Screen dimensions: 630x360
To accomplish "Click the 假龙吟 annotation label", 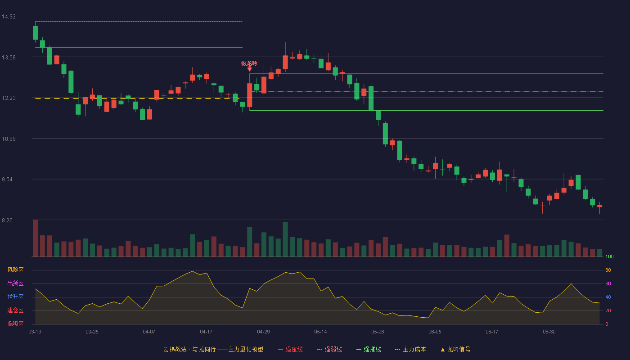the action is click(249, 63).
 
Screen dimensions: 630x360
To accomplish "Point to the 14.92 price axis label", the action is click(9, 17).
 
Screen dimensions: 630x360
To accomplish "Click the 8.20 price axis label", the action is click(7, 220).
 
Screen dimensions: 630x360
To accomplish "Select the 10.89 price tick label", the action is click(9, 139).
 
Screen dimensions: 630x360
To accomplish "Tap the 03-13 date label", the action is click(35, 332).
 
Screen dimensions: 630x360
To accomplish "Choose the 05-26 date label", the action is click(378, 332).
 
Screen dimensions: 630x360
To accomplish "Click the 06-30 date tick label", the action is click(549, 332).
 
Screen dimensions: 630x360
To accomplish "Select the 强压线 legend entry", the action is click(290, 349).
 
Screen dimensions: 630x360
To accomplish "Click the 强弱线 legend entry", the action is click(329, 349).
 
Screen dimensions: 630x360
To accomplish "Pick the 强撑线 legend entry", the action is click(369, 349).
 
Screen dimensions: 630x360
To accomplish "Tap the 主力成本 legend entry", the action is click(410, 349).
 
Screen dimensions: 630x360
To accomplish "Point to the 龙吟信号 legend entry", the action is click(455, 349).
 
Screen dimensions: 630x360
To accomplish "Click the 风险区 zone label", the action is click(15, 270).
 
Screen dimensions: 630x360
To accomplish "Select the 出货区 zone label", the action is click(15, 283).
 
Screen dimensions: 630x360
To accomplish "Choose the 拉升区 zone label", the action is click(15, 297).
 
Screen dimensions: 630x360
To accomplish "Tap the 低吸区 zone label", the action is click(15, 324).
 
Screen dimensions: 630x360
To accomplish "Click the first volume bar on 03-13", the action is click(35, 238).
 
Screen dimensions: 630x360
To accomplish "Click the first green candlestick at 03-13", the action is click(35, 32).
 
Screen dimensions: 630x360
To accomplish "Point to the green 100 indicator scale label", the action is click(609, 256).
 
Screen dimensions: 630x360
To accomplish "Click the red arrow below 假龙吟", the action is click(249, 69).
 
